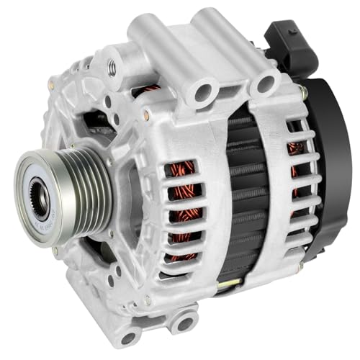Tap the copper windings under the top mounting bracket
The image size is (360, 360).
click(x=150, y=90)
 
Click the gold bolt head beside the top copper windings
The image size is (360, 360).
click(x=147, y=115)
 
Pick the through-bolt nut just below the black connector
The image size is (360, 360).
click(x=302, y=92)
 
